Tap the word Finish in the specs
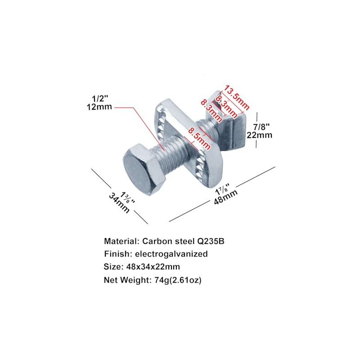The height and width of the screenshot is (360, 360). click(115, 254)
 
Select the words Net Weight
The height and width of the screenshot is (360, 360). click(125, 280)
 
